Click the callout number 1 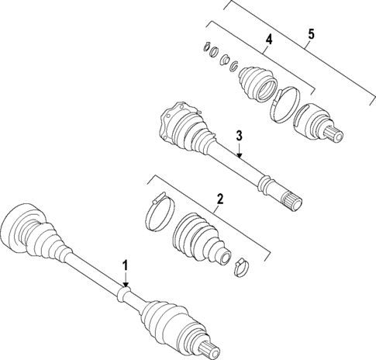(x=125, y=265)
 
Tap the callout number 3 (x=240, y=136)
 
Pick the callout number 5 (x=311, y=34)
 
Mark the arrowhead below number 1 (x=125, y=288)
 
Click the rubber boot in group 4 (x=255, y=85)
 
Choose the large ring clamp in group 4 (x=285, y=106)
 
